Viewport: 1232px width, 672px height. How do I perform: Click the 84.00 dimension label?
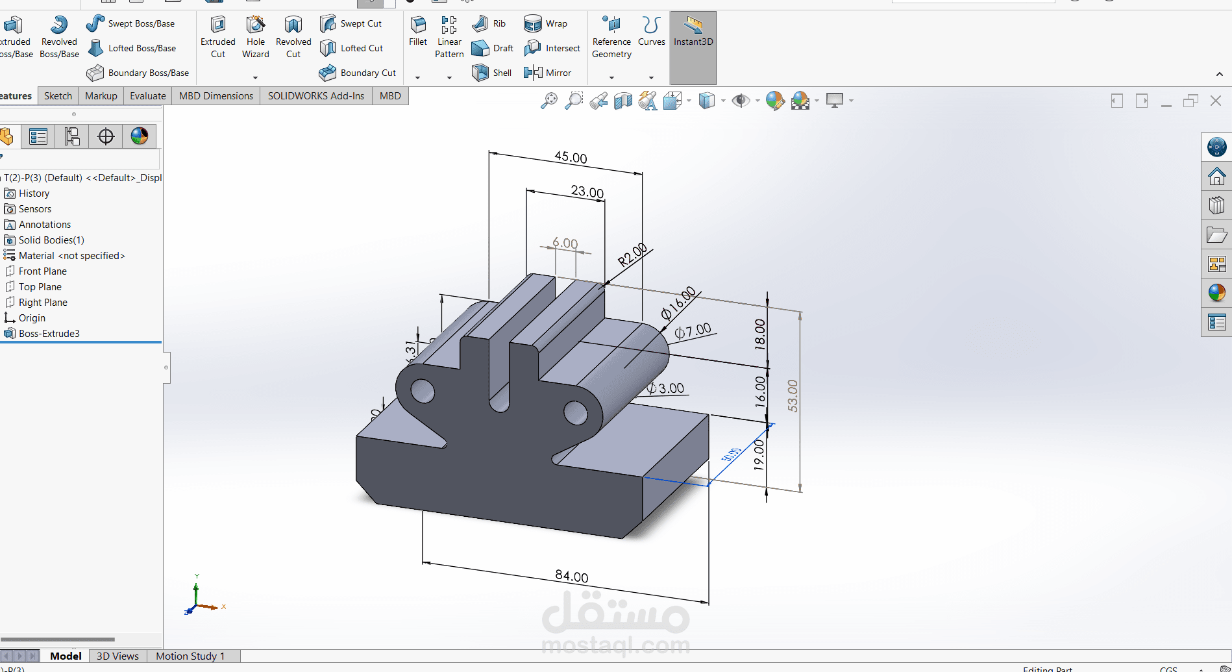tap(571, 576)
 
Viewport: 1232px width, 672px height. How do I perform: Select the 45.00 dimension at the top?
tap(571, 157)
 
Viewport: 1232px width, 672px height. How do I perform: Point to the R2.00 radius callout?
tap(632, 255)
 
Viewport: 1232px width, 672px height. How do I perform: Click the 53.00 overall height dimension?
tap(793, 395)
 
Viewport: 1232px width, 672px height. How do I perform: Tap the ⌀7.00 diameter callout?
tap(693, 331)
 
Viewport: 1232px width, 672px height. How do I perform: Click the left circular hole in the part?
tap(423, 391)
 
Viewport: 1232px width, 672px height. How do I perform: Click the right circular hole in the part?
tap(575, 412)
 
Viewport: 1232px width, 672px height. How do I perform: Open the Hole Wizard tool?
tap(256, 37)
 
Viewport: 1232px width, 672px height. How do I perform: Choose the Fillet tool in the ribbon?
tap(418, 31)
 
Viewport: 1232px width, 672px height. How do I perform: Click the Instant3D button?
tap(693, 32)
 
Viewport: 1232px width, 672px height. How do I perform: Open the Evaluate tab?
tap(147, 96)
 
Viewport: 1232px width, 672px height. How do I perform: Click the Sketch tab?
tap(58, 96)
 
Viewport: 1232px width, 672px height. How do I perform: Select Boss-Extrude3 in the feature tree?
tap(49, 334)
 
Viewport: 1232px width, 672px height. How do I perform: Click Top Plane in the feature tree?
tap(40, 287)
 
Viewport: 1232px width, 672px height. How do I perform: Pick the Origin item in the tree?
tap(32, 318)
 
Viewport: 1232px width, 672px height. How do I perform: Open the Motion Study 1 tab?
tap(190, 656)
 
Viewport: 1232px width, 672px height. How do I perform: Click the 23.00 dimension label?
tap(587, 192)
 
